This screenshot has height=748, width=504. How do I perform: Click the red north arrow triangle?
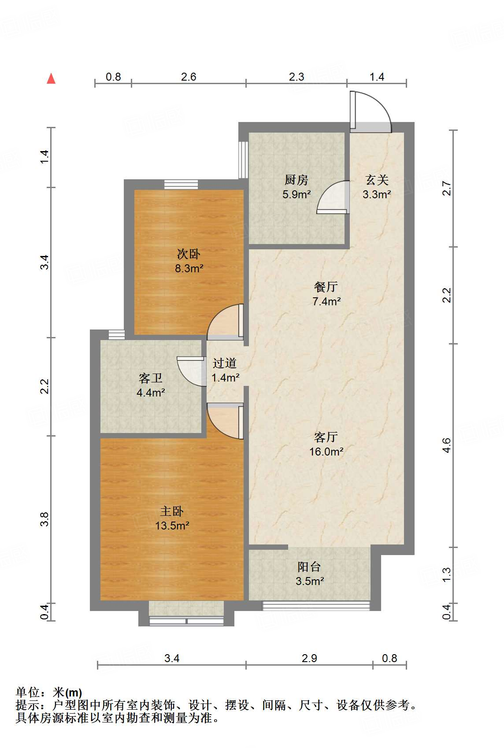[x=51, y=79]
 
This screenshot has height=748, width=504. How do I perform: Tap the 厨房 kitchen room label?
[x=296, y=180]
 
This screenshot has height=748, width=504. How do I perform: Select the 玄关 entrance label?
[x=377, y=180]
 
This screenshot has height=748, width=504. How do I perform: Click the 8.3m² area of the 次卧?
[x=189, y=268]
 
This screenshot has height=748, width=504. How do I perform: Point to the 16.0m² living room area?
[x=326, y=452]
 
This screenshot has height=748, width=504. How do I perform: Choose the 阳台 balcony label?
[x=309, y=567]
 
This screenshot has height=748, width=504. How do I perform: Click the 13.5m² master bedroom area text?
[x=172, y=526]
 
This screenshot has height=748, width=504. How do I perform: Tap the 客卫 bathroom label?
[x=151, y=378]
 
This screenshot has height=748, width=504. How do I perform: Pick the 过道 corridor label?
[x=225, y=363]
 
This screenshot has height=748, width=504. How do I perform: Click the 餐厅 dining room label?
[x=326, y=286]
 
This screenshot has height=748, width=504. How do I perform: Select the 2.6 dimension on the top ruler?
[x=189, y=77]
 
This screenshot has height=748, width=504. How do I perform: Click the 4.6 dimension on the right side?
[x=447, y=445]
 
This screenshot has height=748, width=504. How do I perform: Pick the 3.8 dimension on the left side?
[x=44, y=519]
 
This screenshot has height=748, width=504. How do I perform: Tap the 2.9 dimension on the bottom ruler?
[x=309, y=658]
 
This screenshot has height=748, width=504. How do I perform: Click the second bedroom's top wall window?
[x=181, y=185]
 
